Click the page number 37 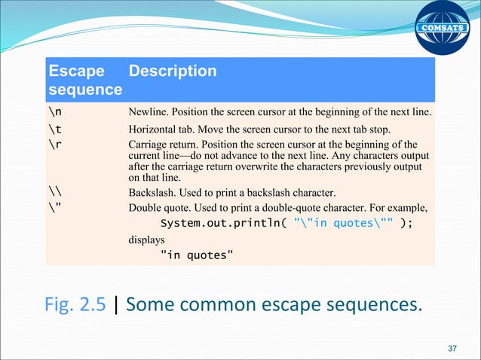pos(452,349)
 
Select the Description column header pos(173,72)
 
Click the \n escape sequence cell pos(55,112)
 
